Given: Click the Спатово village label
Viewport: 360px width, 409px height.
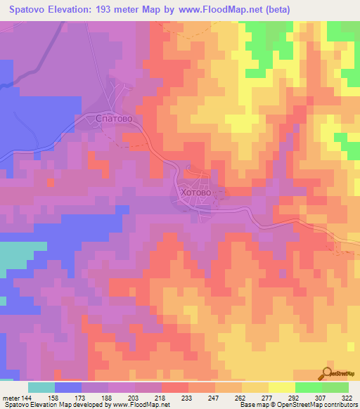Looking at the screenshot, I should [x=114, y=119].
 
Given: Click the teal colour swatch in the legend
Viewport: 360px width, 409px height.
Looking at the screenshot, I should [x=41, y=387].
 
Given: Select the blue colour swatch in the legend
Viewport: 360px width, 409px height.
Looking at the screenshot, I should [x=68, y=387].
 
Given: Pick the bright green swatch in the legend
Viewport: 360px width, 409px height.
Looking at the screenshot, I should [x=307, y=387].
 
